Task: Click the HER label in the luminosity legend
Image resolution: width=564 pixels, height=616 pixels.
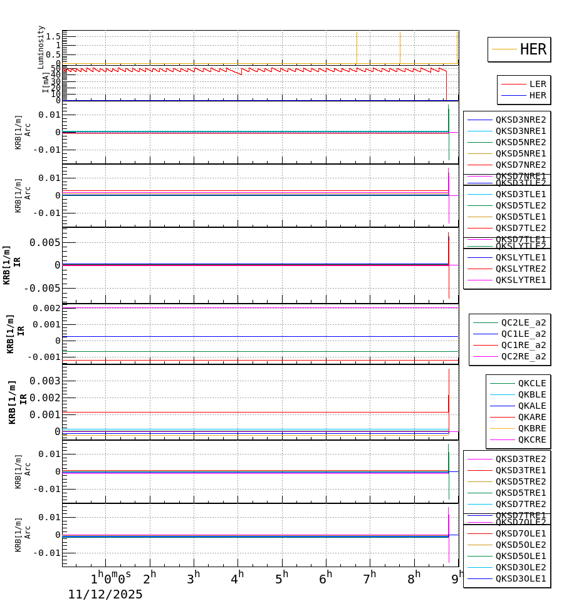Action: pos(533,49)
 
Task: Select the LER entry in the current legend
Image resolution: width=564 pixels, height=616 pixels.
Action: pos(537,84)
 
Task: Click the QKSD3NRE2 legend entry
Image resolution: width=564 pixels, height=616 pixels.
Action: pos(520,120)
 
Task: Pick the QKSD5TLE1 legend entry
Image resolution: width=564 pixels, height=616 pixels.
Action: pos(520,217)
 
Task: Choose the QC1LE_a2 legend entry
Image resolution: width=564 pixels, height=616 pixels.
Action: pos(523,334)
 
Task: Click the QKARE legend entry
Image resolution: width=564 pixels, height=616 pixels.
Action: pos(531,417)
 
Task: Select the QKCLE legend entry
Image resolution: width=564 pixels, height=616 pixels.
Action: pos(531,383)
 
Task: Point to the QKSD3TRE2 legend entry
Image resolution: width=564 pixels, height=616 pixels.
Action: pos(520,459)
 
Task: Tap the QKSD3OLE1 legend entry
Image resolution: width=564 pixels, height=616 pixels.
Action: pos(520,578)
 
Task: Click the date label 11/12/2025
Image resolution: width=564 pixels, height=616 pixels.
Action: pos(105,595)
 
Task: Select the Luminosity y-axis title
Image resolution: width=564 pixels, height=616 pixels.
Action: pos(41,46)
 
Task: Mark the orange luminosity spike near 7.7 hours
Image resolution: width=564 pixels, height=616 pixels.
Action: pos(400,47)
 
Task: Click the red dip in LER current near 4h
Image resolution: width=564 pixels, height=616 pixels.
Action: pos(241,74)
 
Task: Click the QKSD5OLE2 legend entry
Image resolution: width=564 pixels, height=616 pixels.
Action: pos(520,545)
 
